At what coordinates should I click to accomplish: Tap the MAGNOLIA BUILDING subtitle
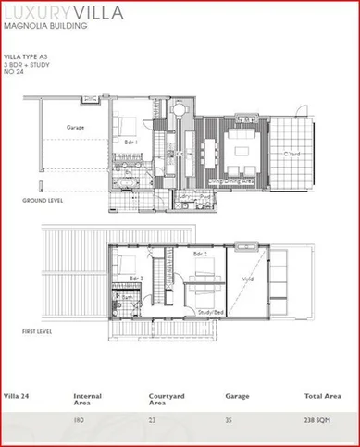46,28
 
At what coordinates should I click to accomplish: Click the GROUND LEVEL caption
43,201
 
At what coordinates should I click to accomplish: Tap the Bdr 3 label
135,278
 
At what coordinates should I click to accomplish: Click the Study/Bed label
210,312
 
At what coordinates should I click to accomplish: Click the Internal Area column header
89,400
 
